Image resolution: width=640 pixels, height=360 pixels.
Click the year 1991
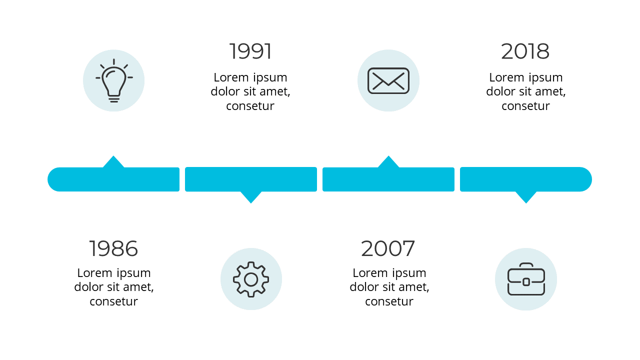pyautogui.click(x=250, y=51)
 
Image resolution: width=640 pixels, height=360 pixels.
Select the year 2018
pyautogui.click(x=525, y=51)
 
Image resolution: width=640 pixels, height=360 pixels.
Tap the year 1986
pyautogui.click(x=113, y=248)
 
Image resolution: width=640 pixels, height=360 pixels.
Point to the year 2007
pyautogui.click(x=388, y=248)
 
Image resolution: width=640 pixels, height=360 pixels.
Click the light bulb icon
pyautogui.click(x=114, y=80)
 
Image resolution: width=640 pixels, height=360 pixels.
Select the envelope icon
pyautogui.click(x=388, y=80)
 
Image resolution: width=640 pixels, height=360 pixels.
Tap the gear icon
pyautogui.click(x=251, y=279)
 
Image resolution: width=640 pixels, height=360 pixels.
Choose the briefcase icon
pyautogui.click(x=526, y=279)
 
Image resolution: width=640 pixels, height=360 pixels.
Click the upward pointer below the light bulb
pyautogui.click(x=113, y=162)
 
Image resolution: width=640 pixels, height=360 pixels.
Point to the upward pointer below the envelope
pyautogui.click(x=388, y=162)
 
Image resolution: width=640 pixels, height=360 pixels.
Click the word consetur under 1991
pyautogui.click(x=250, y=106)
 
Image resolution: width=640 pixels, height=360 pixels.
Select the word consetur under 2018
pyautogui.click(x=525, y=106)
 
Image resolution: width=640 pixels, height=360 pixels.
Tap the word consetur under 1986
pyautogui.click(x=113, y=301)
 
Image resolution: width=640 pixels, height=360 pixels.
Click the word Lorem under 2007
pyautogui.click(x=369, y=273)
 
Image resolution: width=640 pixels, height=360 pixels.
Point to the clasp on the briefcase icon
pyautogui.click(x=526, y=282)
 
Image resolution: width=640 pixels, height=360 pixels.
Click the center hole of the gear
pyautogui.click(x=251, y=279)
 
